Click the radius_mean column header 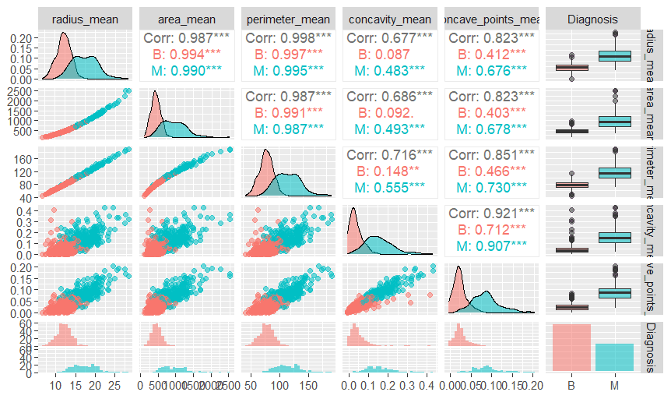tap(84, 19)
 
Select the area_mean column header tap(186, 19)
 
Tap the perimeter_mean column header tap(287, 19)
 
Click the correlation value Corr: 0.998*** tap(287, 38)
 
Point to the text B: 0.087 tap(388, 55)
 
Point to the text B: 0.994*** tap(186, 55)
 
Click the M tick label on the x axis tap(615, 386)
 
